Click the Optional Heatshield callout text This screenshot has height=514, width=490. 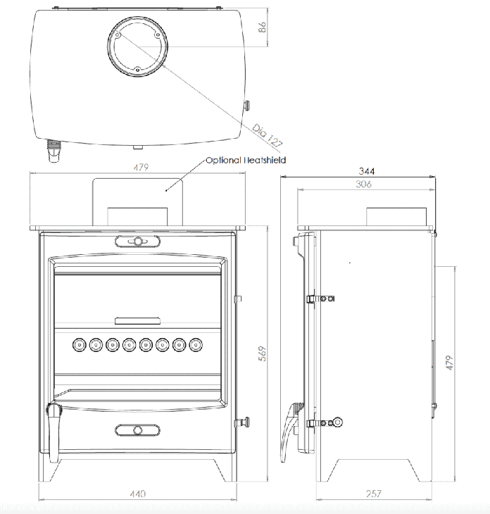246,161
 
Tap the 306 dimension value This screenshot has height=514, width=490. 364,184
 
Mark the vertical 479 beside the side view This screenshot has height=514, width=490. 448,363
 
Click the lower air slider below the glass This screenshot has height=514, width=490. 137,430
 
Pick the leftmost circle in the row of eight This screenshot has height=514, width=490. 78,345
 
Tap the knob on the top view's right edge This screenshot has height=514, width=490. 249,106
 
